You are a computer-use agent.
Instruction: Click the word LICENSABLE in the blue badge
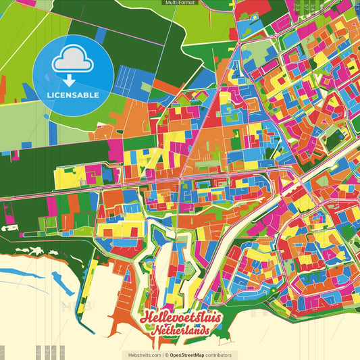tap(73, 95)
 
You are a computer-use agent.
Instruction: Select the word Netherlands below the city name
tap(180, 333)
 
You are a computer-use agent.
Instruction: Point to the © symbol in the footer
tap(166, 355)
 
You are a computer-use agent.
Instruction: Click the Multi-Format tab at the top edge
tap(180, 3)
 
